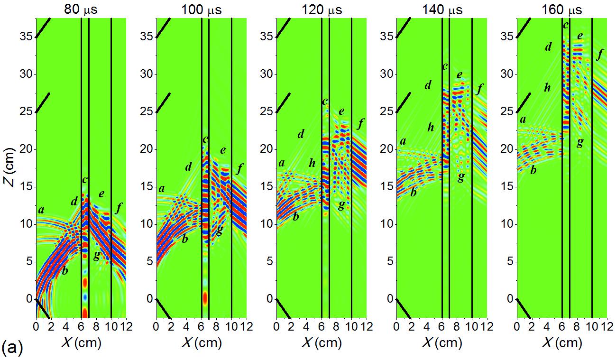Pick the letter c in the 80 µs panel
click(85, 180)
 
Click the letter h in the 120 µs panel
click(312, 164)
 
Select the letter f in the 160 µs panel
click(599, 55)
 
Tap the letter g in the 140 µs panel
click(460, 177)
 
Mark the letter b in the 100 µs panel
click(185, 239)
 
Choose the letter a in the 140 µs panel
click(403, 141)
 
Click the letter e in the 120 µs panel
click(341, 111)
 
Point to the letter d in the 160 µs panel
click(548, 46)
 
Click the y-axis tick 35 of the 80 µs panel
click(27, 37)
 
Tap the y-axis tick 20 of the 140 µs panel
click(387, 149)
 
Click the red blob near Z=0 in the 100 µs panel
click(205, 298)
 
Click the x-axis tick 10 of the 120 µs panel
click(351, 327)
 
